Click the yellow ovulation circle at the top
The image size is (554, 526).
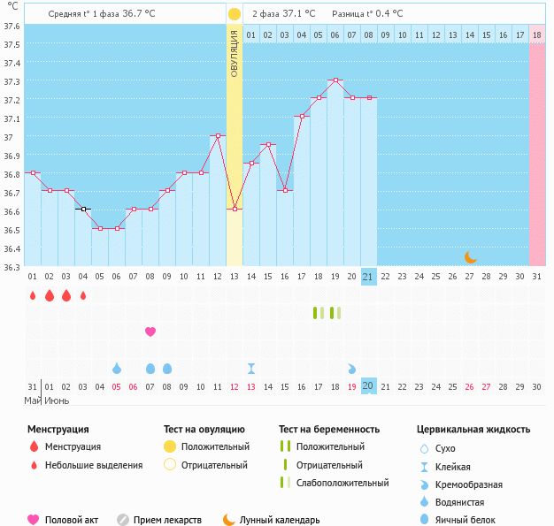(234, 14)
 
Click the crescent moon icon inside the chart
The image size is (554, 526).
(471, 257)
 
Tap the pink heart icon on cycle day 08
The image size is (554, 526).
(150, 332)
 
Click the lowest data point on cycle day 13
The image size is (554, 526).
(235, 209)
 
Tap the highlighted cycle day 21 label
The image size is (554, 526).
(369, 277)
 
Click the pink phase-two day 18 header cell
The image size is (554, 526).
(537, 34)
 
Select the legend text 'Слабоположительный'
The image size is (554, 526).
(342, 483)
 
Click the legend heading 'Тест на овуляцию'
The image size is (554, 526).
(205, 430)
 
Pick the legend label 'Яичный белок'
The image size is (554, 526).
(472, 520)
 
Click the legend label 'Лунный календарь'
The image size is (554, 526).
(279, 520)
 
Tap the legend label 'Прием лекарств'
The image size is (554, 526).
(168, 520)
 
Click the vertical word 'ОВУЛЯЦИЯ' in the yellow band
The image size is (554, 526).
(235, 53)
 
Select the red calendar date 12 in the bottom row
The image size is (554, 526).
(235, 386)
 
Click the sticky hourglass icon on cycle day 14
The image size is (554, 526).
(251, 368)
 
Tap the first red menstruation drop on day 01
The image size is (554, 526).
(33, 295)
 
